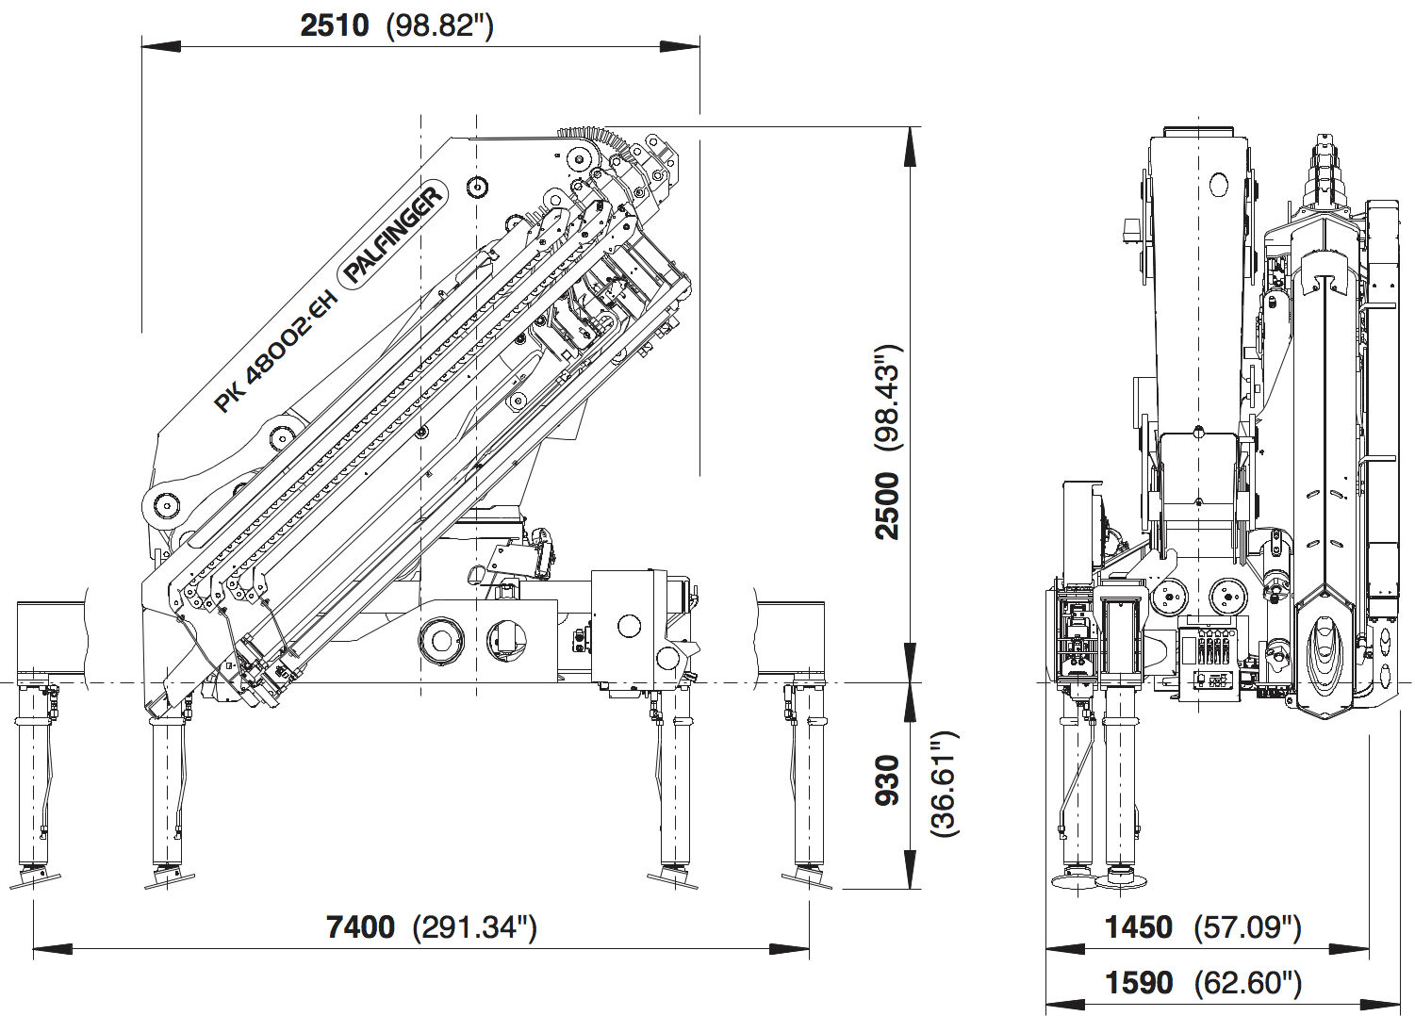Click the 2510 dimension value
(334, 25)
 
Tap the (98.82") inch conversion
(440, 25)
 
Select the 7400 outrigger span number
(360, 927)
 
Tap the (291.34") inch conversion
(475, 928)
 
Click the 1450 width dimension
(1138, 927)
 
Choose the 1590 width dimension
(1138, 984)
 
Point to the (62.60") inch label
(1248, 984)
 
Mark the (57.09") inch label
(1248, 927)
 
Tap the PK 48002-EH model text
(274, 352)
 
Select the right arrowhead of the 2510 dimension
(681, 45)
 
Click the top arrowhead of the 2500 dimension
(910, 145)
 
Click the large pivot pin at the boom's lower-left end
(167, 505)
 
